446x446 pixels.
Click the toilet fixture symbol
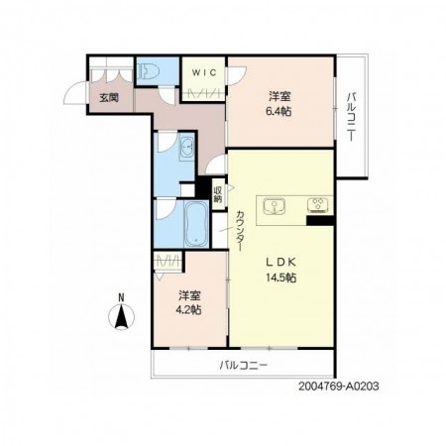(147, 70)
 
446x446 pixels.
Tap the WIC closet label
(204, 72)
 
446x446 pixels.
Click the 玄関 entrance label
(109, 97)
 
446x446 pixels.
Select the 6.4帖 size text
(279, 112)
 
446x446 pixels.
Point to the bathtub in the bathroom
(196, 223)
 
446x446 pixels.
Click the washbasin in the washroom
(187, 149)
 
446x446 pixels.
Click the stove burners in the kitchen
(318, 205)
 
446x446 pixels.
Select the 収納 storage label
(218, 194)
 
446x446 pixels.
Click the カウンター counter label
(240, 231)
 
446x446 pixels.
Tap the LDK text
(280, 262)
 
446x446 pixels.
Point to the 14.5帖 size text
(280, 278)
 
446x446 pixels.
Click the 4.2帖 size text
(188, 310)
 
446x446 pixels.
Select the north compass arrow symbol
(122, 316)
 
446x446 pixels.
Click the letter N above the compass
(122, 297)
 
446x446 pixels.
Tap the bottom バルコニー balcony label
(243, 366)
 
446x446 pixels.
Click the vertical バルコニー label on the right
(352, 117)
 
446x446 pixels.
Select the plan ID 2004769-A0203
(338, 387)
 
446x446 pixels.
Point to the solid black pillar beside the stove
(320, 220)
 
